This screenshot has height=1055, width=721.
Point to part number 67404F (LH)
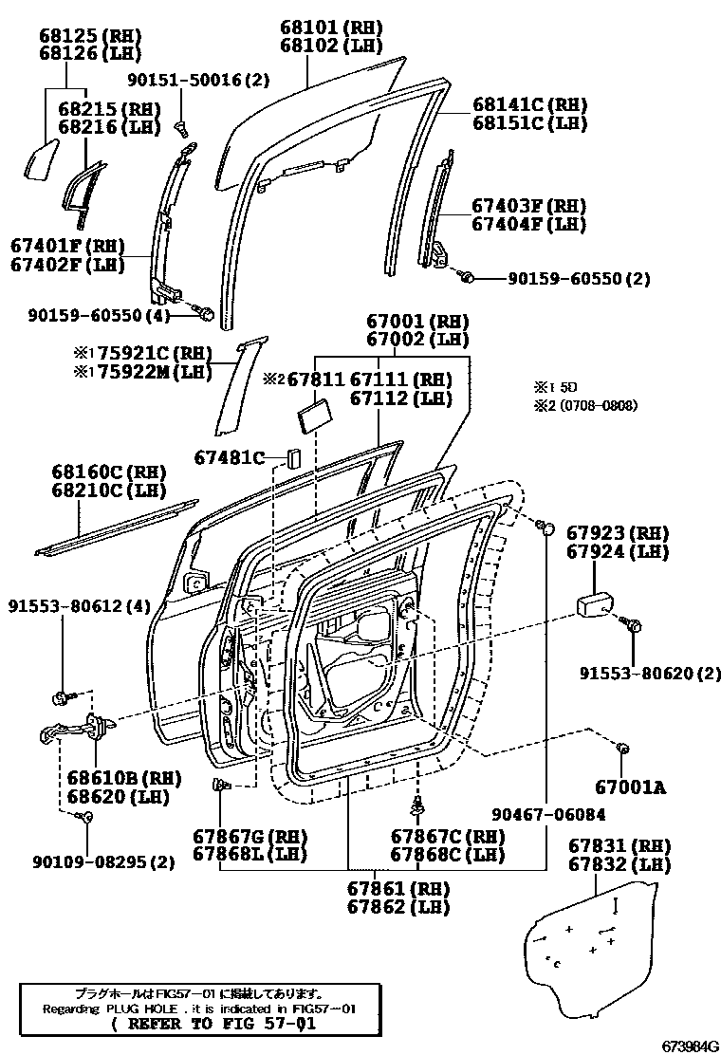tap(529, 225)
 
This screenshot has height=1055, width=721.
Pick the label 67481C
tap(231, 457)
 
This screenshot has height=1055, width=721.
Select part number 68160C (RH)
tap(108, 472)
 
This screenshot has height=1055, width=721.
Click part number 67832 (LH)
tap(619, 864)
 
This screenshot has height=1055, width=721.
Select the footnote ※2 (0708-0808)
tap(584, 405)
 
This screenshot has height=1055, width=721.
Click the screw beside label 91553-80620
tap(634, 626)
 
